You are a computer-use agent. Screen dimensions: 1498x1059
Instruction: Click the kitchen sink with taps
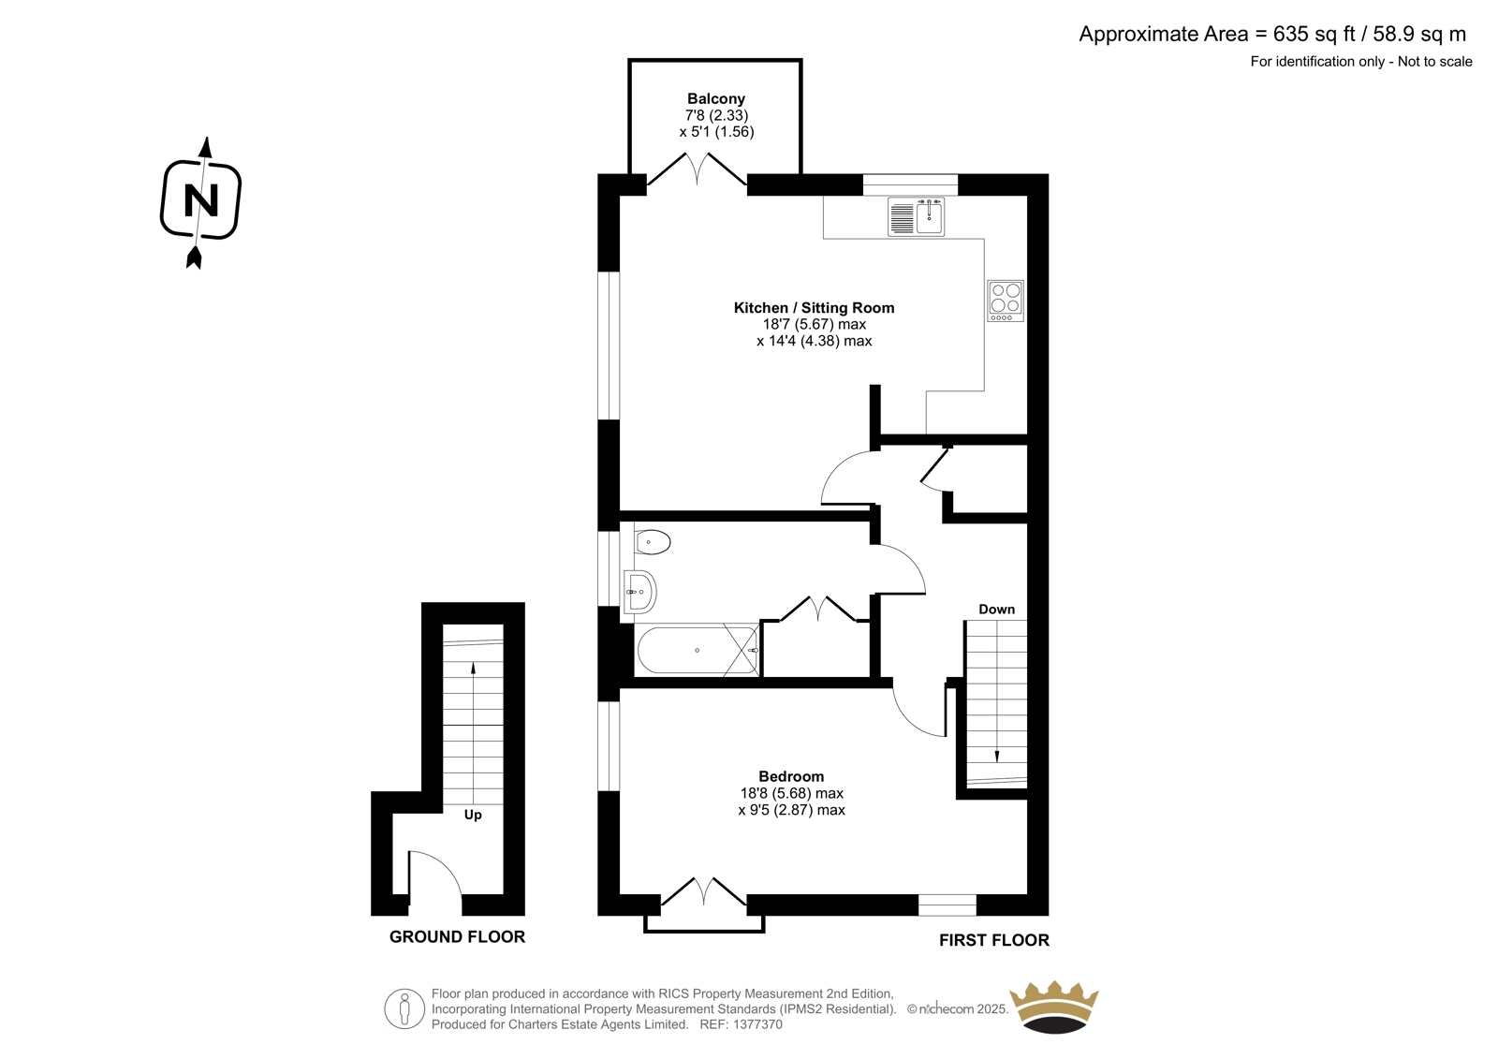pos(916,216)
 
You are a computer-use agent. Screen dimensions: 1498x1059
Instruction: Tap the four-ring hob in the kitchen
pos(1006,301)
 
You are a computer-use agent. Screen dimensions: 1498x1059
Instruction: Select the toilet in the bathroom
pos(652,542)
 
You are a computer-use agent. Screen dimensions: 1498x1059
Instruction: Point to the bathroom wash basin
pos(639,592)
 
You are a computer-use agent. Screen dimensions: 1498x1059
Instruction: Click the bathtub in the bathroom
pos(698,650)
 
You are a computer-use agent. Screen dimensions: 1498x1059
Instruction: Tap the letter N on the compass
pos(200,199)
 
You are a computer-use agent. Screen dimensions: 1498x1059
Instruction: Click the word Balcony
pos(716,99)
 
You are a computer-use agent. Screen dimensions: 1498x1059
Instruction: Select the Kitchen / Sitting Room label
pos(814,308)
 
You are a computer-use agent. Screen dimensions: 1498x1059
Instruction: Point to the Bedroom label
pos(791,776)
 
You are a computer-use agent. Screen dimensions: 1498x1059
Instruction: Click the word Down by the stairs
pos(996,609)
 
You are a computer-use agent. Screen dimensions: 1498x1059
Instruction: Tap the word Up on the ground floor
pos(473,815)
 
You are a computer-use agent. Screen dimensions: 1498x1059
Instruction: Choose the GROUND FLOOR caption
pos(458,936)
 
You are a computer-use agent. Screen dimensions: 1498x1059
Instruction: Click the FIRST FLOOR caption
pos(993,940)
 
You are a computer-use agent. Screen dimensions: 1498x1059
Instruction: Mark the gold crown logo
pos(1054,1007)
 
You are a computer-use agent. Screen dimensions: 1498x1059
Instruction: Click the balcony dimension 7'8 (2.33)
pos(716,115)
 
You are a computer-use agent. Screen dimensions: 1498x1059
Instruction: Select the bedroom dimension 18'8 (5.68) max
pos(791,793)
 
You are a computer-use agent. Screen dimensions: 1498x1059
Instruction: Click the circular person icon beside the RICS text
pos(404,1008)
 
